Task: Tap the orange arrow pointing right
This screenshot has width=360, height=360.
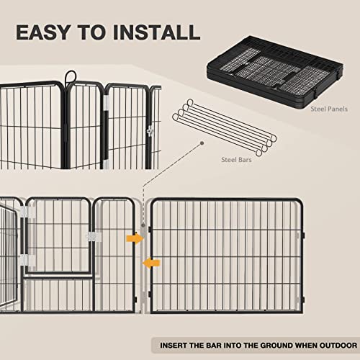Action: pos(132,238)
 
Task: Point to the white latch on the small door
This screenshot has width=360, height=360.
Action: pos(91,237)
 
